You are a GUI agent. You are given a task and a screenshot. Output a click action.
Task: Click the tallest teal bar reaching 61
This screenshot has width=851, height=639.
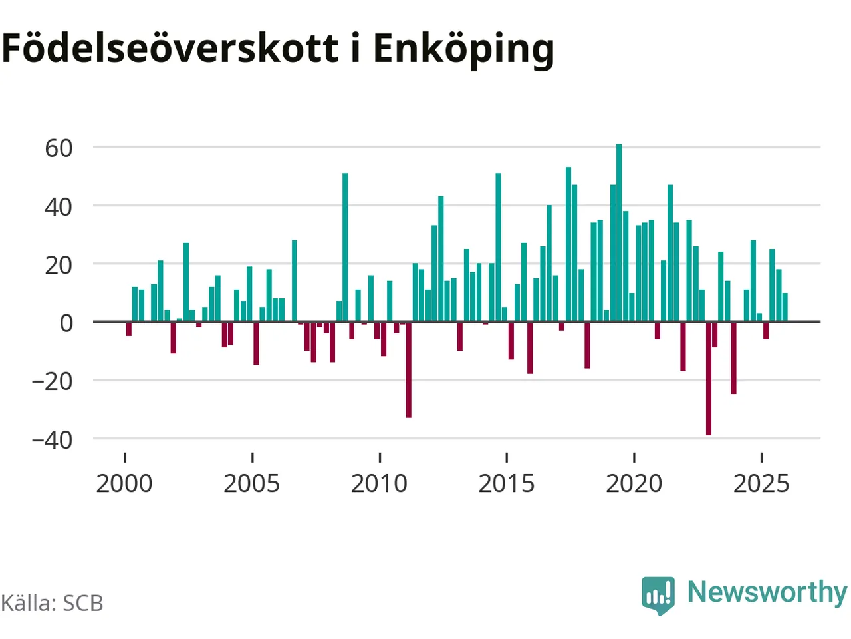(619, 233)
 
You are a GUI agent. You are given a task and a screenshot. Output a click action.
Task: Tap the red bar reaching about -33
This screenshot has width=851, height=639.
(408, 369)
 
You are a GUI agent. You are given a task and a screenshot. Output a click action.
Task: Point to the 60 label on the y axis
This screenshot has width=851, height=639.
(59, 148)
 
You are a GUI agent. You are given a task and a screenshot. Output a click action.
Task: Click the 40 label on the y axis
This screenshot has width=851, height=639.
(59, 206)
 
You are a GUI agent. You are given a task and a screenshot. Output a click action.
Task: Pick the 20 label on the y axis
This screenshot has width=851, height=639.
(59, 265)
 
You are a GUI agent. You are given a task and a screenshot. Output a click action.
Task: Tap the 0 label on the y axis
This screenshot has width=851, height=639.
(66, 323)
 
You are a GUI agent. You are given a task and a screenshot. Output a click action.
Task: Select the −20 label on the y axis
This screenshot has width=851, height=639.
(52, 381)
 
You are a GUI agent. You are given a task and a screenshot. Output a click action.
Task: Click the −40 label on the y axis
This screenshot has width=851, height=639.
(52, 439)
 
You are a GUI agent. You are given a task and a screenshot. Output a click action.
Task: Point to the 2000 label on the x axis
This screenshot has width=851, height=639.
(124, 483)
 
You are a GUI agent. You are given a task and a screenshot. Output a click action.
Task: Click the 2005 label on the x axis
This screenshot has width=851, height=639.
(251, 483)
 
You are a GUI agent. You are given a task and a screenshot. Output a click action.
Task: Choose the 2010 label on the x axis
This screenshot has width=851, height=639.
(379, 483)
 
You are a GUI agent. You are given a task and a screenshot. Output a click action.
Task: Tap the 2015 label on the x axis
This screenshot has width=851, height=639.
(507, 483)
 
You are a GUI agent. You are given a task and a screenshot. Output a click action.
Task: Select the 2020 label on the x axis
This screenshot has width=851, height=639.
(634, 483)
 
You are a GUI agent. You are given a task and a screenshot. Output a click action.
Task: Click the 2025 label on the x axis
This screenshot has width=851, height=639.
(761, 483)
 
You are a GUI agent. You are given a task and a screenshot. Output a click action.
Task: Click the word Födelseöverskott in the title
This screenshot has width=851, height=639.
(170, 48)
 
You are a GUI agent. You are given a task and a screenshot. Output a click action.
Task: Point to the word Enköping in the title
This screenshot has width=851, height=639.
(463, 49)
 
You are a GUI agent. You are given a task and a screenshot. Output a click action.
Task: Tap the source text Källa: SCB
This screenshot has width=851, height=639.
(52, 603)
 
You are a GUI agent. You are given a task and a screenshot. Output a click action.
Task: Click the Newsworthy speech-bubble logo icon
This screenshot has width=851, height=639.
(658, 594)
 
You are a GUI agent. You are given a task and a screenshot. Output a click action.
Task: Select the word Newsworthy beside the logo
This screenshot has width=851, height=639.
(767, 592)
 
